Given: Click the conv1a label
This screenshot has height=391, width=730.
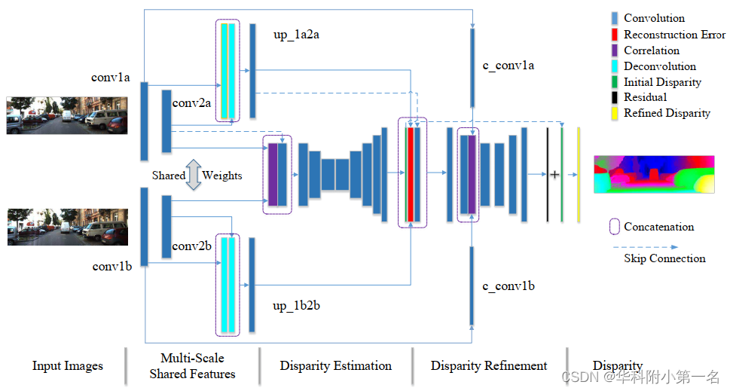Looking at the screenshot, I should point(111,77).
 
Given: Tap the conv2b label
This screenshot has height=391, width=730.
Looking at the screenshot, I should point(191,246).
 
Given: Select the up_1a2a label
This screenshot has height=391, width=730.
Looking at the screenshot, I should point(301,35).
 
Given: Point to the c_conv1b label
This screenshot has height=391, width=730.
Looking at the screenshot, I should point(509,287).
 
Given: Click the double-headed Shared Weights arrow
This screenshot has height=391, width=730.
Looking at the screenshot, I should point(194,175).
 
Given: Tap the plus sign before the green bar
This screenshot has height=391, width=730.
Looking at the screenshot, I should point(554,174).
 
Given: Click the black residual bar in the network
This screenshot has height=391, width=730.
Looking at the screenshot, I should point(548,174).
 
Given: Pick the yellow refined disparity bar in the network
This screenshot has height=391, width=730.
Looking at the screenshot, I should point(579,174).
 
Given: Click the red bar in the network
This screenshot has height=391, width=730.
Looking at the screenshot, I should point(411,173).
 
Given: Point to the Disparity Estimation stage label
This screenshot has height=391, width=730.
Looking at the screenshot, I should point(335,366).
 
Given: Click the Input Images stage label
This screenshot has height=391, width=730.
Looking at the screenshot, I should point(67,366).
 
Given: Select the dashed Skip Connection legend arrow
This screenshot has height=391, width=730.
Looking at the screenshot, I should point(645,246).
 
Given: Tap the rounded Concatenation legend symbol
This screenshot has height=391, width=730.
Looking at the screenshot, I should point(614,227).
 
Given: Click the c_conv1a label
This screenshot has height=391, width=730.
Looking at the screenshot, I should point(509,66).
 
